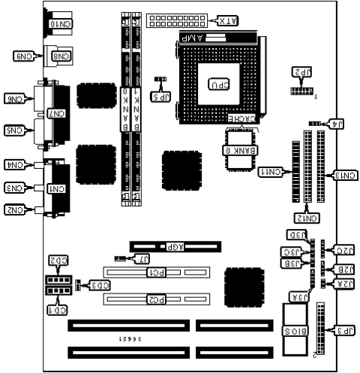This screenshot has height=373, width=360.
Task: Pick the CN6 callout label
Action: coord(15,98)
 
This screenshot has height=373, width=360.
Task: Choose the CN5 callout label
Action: coord(15,130)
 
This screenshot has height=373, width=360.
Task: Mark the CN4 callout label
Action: coord(15,164)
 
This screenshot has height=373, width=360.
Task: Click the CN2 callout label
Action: coord(15,209)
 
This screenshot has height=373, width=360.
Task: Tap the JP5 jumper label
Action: coord(160,96)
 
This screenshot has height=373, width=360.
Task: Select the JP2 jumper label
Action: coord(301,71)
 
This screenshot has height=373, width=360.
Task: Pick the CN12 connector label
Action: coord(307,218)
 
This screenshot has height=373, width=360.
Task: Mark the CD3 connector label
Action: coord(99,285)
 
